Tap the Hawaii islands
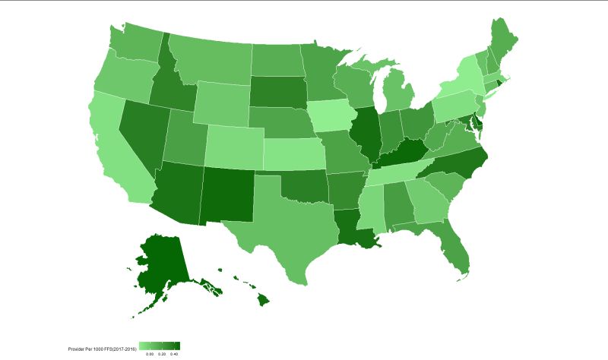click(262, 300)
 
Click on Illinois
click(367, 133)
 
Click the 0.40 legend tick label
click(174, 354)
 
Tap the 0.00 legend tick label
click(150, 354)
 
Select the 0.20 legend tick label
click(162, 354)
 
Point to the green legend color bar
click(160, 346)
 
